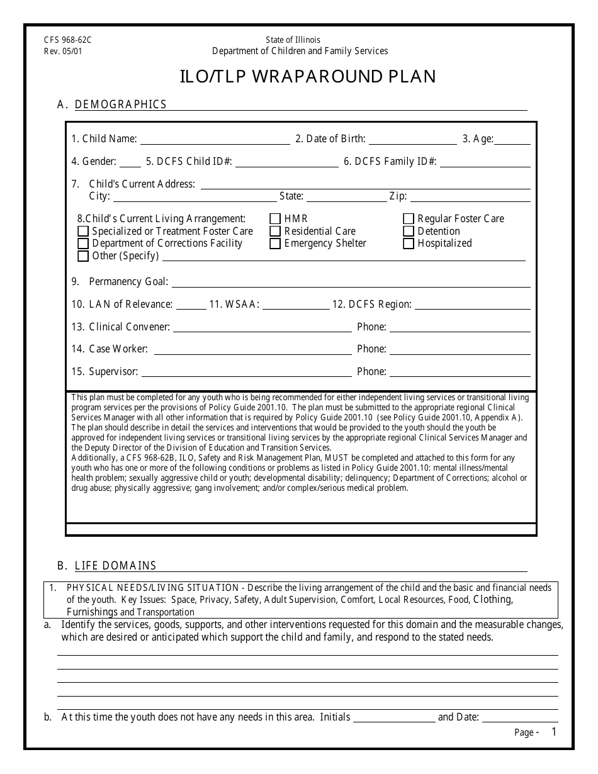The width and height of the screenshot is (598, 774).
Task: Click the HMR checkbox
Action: pyautogui.click(x=275, y=219)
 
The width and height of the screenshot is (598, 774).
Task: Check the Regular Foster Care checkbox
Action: pyautogui.click(x=409, y=219)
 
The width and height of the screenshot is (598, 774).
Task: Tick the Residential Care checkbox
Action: pyautogui.click(x=275, y=232)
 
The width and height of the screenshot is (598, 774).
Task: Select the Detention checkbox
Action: pyautogui.click(x=409, y=232)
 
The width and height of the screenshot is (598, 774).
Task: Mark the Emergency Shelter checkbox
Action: pyautogui.click(x=275, y=244)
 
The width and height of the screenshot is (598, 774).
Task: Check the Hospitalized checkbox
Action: pyautogui.click(x=409, y=244)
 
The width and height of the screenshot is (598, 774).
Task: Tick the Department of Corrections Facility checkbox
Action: pyautogui.click(x=83, y=244)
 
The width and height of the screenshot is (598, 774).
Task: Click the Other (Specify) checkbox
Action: pyautogui.click(x=83, y=256)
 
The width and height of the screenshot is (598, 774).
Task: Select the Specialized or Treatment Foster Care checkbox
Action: pyautogui.click(x=83, y=232)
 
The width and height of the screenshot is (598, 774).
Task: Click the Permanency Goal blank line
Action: pyautogui.click(x=351, y=282)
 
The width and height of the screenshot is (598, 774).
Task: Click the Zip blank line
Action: pyautogui.click(x=470, y=196)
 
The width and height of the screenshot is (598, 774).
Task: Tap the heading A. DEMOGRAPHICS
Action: pyautogui.click(x=112, y=104)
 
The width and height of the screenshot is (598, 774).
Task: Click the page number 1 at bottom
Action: pyautogui.click(x=554, y=731)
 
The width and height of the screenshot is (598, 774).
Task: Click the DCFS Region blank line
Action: pyautogui.click(x=472, y=305)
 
